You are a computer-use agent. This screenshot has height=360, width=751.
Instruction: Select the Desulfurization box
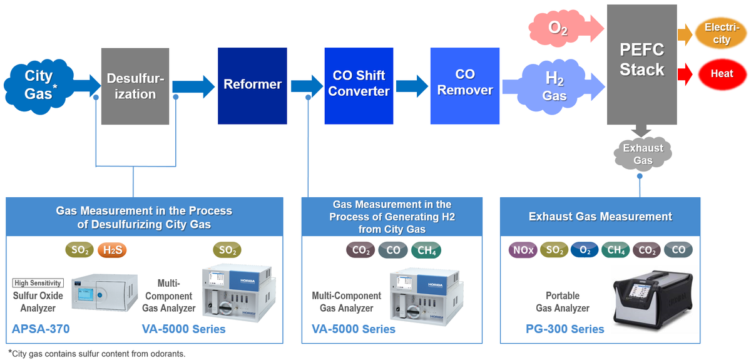tap(135, 86)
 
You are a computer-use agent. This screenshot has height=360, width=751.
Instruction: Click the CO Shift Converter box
tap(359, 84)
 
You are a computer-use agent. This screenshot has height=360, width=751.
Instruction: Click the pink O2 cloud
tap(557, 27)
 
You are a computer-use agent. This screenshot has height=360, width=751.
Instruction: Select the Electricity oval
tap(721, 33)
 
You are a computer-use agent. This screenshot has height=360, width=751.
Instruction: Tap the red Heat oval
tap(721, 73)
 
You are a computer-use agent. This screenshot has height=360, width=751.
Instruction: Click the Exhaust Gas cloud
tap(642, 154)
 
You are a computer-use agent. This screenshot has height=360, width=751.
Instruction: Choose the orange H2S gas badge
tap(113, 250)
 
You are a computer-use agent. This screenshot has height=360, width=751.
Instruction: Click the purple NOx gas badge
tap(523, 250)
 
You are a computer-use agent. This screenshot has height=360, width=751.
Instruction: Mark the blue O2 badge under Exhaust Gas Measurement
tap(585, 250)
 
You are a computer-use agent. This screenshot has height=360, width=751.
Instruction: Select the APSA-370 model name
tap(41, 329)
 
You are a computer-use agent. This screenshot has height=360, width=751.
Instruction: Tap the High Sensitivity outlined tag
tap(38, 283)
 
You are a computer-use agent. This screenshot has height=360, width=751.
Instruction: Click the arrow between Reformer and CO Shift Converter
tap(306, 85)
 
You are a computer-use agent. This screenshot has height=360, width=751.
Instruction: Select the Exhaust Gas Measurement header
tap(600, 217)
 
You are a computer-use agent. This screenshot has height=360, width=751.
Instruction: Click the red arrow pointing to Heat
tap(686, 74)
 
